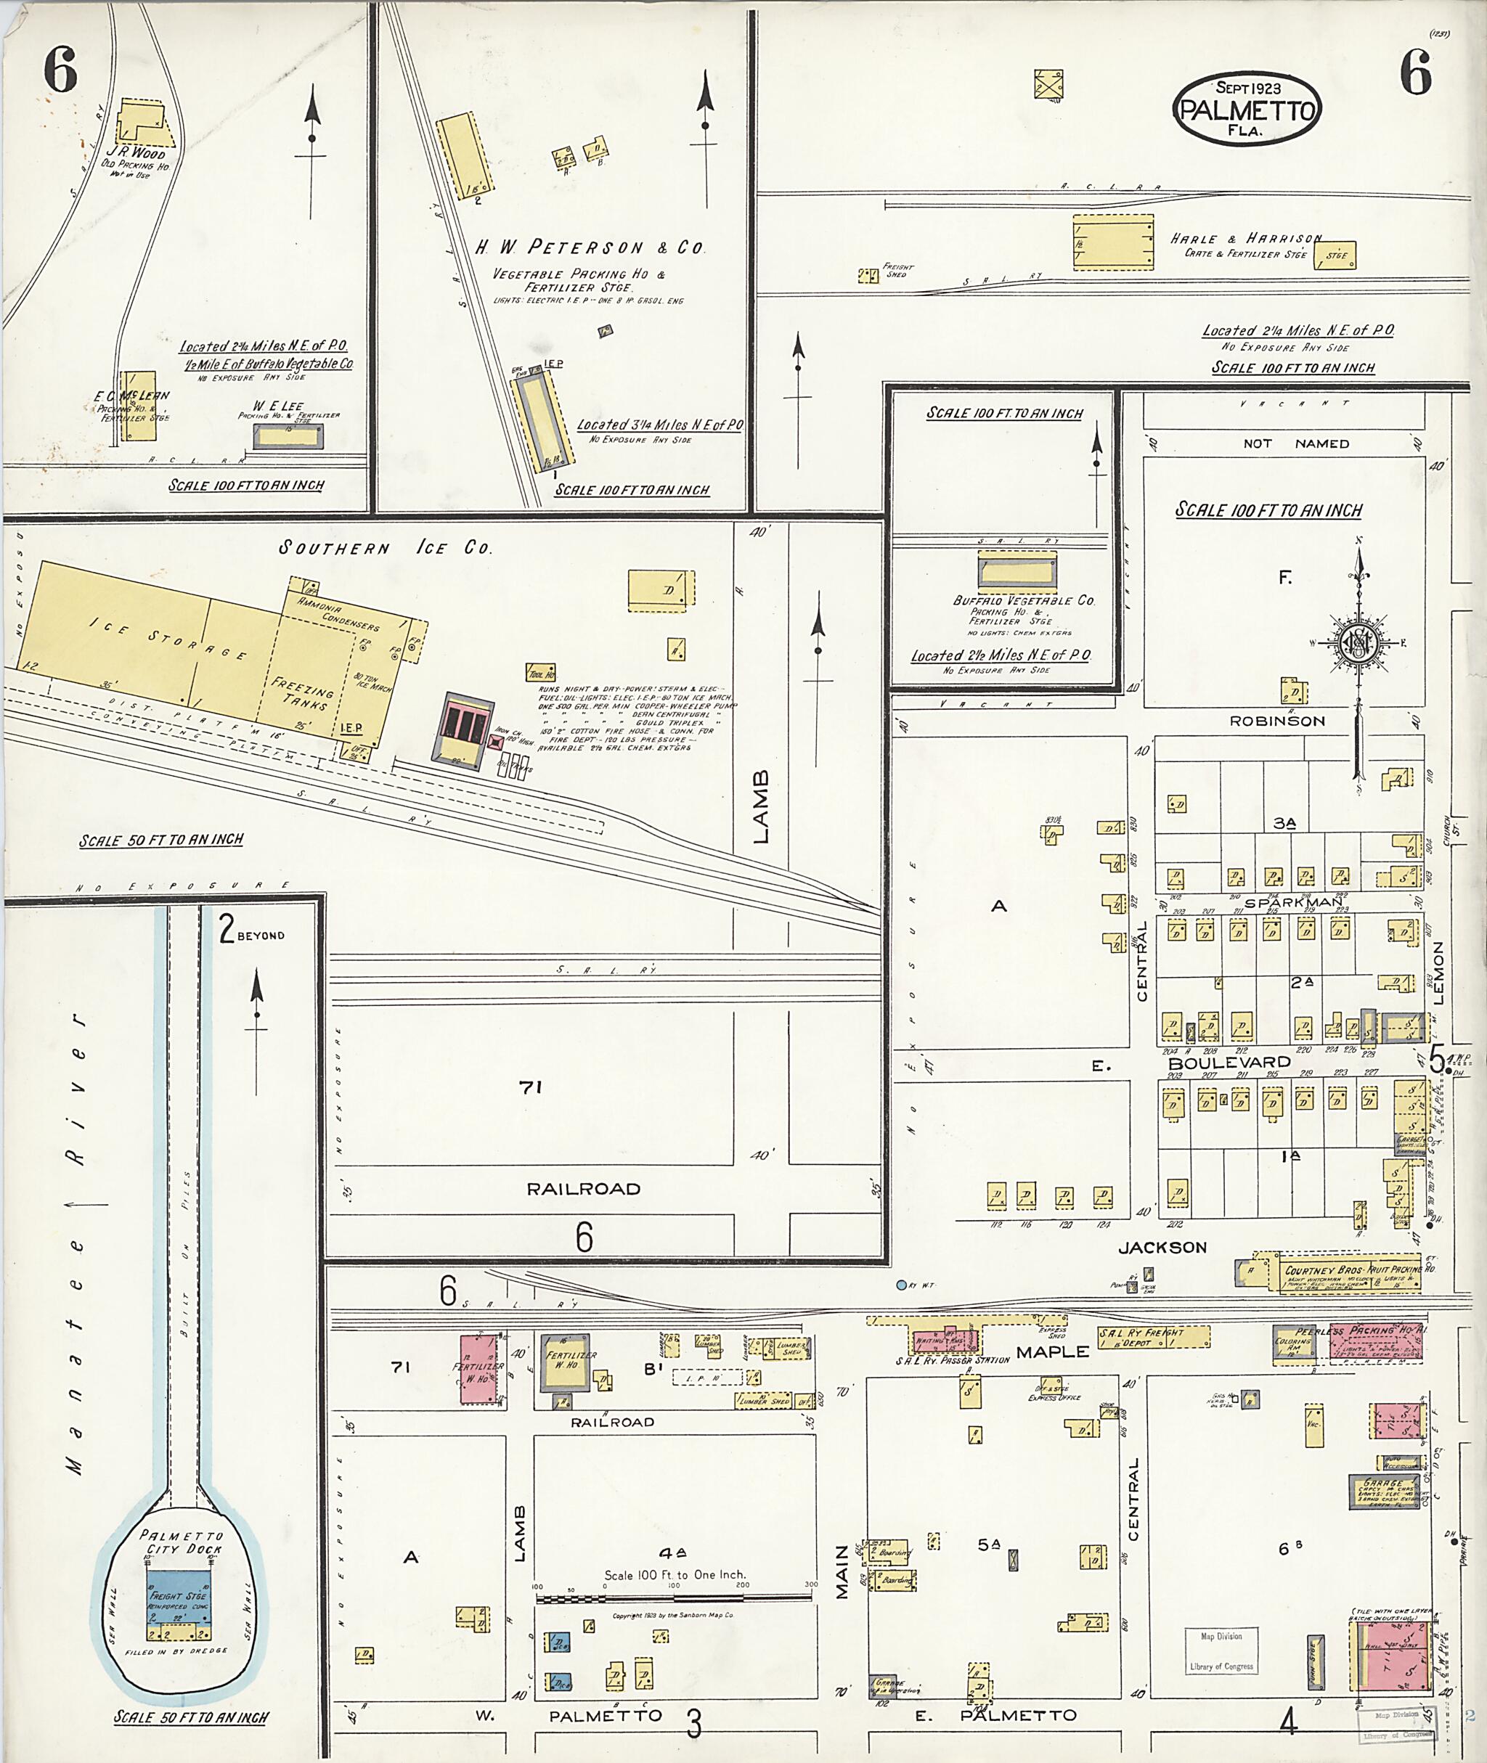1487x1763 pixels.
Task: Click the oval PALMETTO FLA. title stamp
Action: tap(1246, 110)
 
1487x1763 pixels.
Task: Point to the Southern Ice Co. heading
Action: tap(386, 548)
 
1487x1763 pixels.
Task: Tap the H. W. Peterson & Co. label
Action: tap(590, 248)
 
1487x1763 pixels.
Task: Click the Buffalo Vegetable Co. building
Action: tap(1017, 571)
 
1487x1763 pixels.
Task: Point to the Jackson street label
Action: tap(1162, 1247)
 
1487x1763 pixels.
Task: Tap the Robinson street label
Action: tap(1277, 721)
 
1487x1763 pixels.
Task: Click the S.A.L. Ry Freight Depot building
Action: tap(1152, 1336)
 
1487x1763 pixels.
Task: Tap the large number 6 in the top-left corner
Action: tap(61, 71)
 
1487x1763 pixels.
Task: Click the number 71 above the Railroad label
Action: tap(530, 1088)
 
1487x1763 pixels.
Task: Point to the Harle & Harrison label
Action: tap(1246, 240)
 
